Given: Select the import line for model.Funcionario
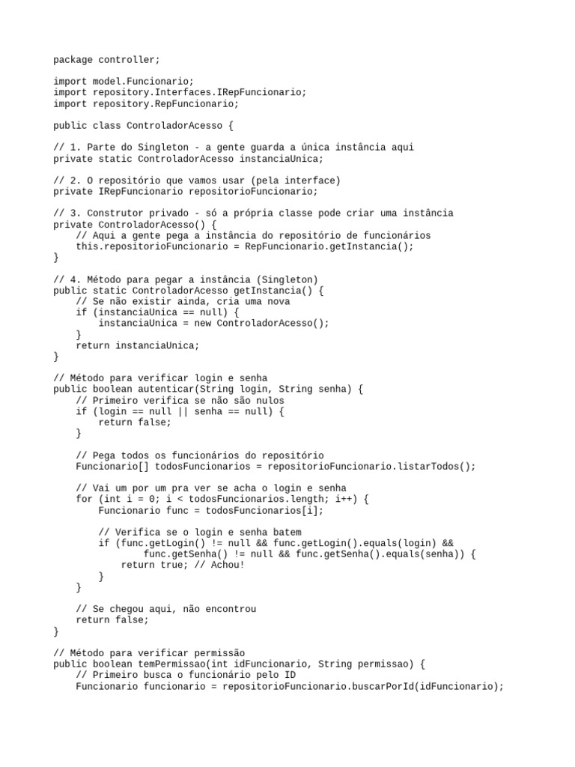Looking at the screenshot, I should pos(123,81).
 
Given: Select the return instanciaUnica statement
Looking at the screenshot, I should pos(137,345).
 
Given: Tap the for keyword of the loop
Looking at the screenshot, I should pos(84,499).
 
